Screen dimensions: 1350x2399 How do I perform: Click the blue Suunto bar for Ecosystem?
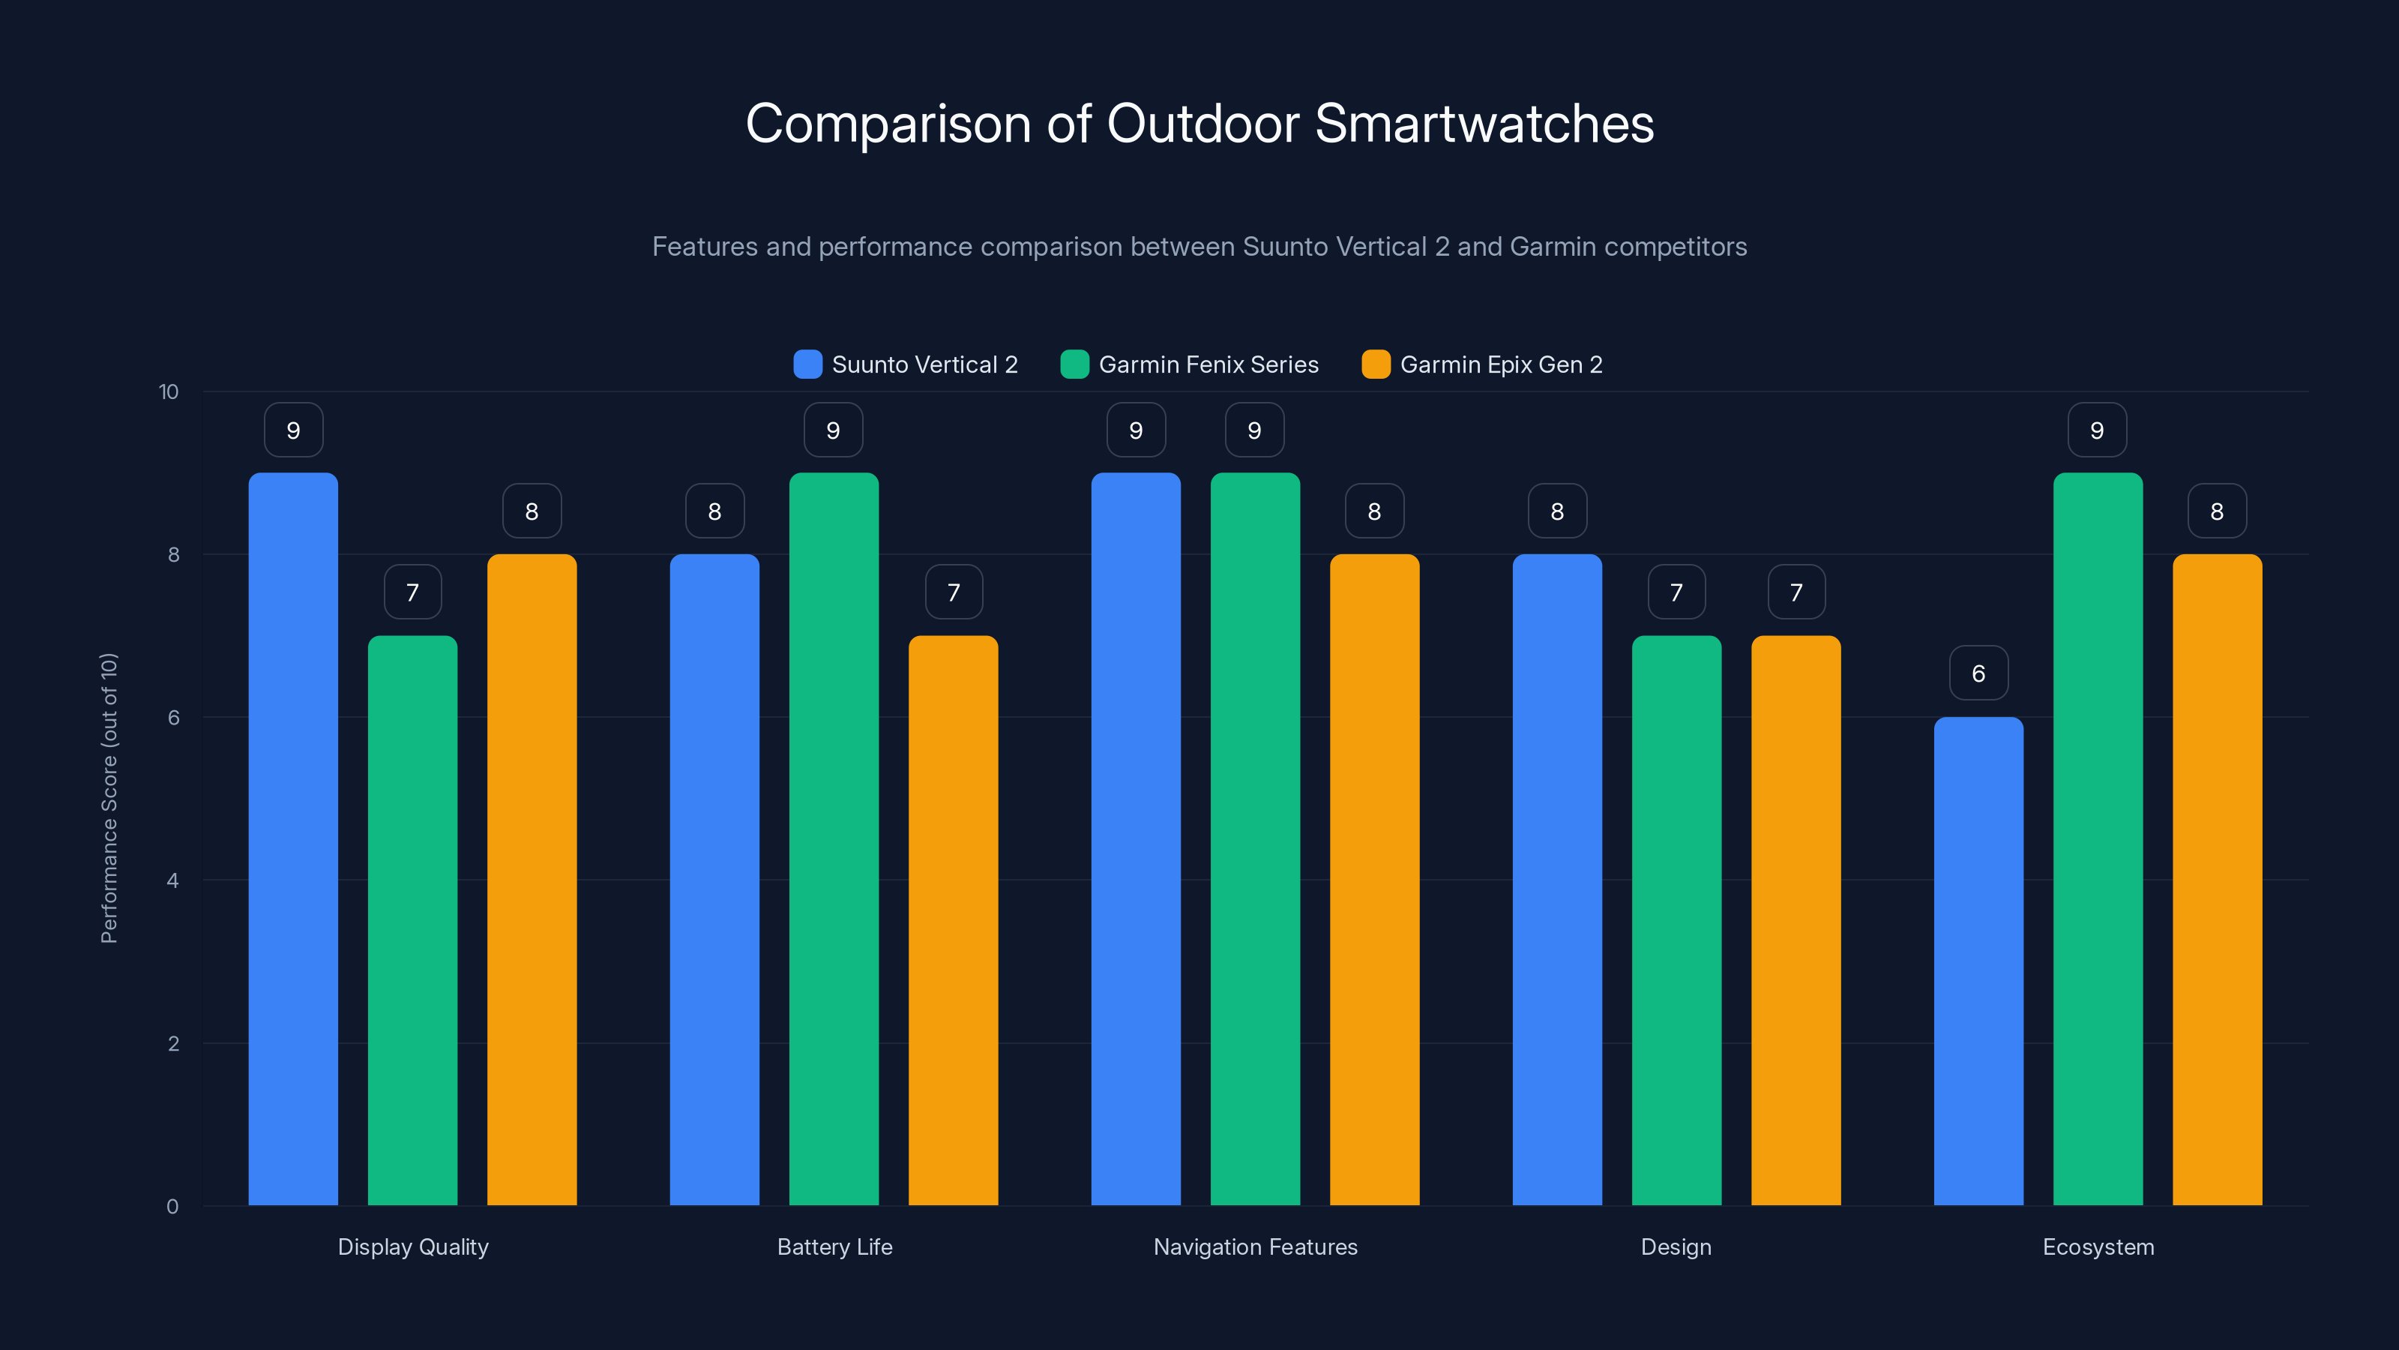[x=1978, y=960]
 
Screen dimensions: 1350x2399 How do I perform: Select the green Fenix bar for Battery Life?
[x=834, y=838]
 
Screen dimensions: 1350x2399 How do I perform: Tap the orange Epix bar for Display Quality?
[x=532, y=880]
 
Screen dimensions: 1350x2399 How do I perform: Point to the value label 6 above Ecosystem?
[x=1978, y=673]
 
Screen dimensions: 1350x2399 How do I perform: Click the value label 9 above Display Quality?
[x=293, y=430]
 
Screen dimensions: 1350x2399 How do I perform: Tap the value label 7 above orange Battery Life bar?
[x=954, y=592]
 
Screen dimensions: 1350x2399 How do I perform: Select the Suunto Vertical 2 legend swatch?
[x=807, y=364]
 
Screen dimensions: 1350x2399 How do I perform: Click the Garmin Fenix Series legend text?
[x=1208, y=364]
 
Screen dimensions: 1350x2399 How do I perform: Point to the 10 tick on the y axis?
[x=169, y=391]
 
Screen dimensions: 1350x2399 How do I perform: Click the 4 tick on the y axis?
[x=172, y=880]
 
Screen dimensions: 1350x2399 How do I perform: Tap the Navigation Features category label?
[x=1254, y=1246]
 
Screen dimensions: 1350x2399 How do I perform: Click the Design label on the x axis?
[x=1676, y=1246]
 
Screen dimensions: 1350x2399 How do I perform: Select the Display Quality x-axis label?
[x=412, y=1246]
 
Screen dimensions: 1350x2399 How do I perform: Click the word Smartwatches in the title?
[x=1484, y=123]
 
